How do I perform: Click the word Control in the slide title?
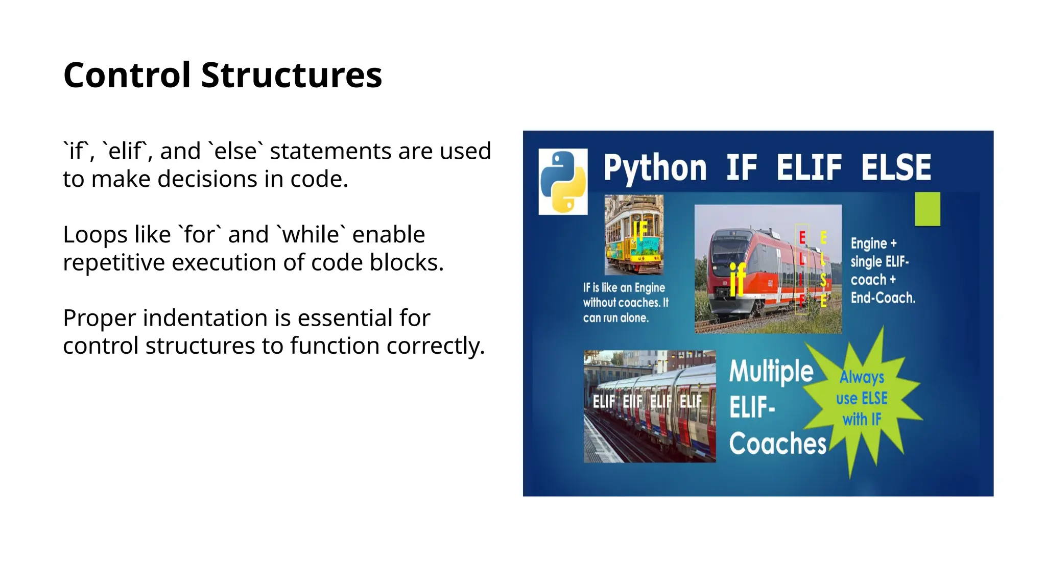(x=127, y=75)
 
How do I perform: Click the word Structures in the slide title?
(x=291, y=75)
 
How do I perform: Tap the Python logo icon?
(x=563, y=182)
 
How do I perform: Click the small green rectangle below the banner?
(x=927, y=209)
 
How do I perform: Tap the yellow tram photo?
(x=634, y=235)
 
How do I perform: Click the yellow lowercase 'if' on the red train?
(x=738, y=279)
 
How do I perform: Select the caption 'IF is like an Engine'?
(x=624, y=288)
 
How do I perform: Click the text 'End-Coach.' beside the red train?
(x=883, y=298)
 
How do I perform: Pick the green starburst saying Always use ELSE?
(x=862, y=399)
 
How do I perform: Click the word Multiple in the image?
(x=771, y=371)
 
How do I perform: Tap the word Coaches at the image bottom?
(x=777, y=443)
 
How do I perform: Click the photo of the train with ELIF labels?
(x=649, y=406)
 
